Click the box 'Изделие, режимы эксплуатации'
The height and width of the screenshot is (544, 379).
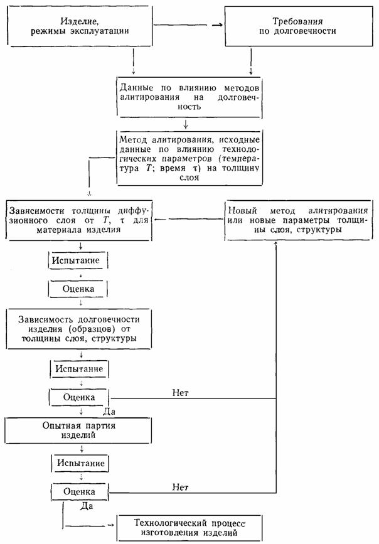coord(80,26)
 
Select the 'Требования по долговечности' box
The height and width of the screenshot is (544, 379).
coord(298,26)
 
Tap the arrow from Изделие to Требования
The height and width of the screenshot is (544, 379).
coord(188,25)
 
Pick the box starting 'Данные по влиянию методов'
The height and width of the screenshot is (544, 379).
coord(189,97)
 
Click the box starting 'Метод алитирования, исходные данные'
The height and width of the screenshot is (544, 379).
coord(189,158)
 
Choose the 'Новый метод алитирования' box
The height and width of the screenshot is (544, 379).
coord(298,220)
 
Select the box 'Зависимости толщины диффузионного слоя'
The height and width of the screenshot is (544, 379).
coord(79,220)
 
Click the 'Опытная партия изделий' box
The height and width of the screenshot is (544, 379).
coord(78,430)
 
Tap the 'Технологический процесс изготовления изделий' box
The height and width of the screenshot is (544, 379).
coord(189,528)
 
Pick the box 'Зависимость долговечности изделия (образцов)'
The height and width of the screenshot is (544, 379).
coord(79,329)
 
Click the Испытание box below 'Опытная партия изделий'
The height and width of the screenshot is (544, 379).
coord(80,463)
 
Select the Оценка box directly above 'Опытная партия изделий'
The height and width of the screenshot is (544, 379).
coord(79,397)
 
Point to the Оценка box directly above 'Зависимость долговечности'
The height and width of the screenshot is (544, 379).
coord(78,289)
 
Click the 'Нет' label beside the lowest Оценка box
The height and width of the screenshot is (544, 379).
coord(181,487)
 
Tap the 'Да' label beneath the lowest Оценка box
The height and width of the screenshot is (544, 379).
coord(87,506)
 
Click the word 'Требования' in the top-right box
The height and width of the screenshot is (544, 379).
coord(297,21)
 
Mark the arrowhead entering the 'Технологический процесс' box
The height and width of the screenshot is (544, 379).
coord(112,525)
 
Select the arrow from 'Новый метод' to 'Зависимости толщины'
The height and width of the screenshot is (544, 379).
coord(189,219)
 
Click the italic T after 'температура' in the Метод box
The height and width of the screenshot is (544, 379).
coord(147,169)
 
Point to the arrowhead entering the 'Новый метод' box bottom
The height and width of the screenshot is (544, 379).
coord(276,243)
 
